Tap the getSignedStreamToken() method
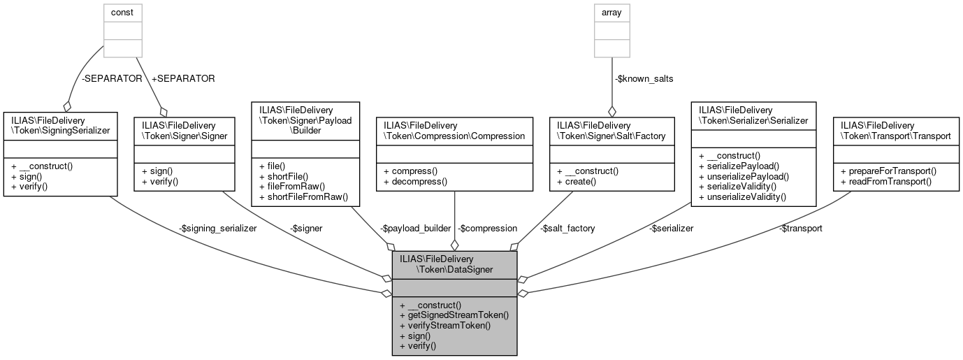tap(454, 315)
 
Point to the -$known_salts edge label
tap(644, 78)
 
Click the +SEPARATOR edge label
tap(182, 78)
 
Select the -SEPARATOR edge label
tap(111, 78)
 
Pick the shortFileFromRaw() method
tap(303, 198)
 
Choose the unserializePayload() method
tap(744, 177)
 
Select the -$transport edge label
tap(801, 228)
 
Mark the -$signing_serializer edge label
tap(217, 228)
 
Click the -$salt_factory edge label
tap(568, 228)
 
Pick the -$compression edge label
tap(487, 228)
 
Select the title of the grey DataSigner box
tap(454, 264)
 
